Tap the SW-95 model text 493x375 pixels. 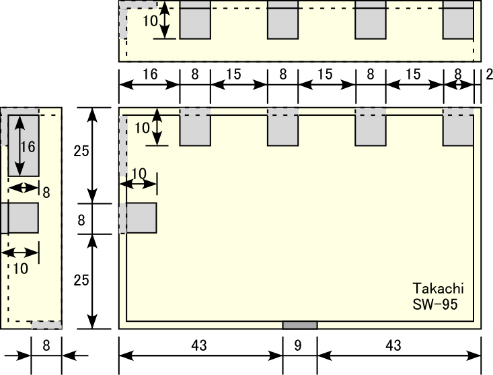click(436, 304)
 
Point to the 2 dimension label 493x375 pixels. click(488, 75)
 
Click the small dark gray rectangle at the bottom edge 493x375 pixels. click(299, 325)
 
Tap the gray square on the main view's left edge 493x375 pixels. click(141, 218)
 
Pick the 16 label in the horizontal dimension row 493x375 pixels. click(149, 75)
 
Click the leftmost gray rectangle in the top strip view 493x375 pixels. click(195, 20)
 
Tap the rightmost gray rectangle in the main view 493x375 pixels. click(458, 128)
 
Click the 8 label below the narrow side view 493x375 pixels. click(46, 346)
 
